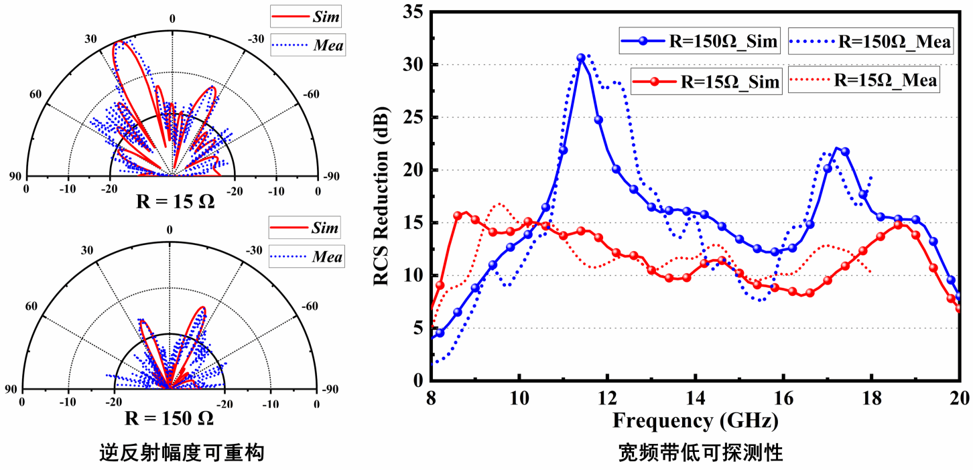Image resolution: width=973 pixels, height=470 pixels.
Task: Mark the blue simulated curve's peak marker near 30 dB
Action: pos(581,58)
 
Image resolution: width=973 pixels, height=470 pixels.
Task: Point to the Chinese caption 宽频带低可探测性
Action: pos(700,454)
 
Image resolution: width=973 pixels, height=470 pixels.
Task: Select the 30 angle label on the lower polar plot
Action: pos(87,250)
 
